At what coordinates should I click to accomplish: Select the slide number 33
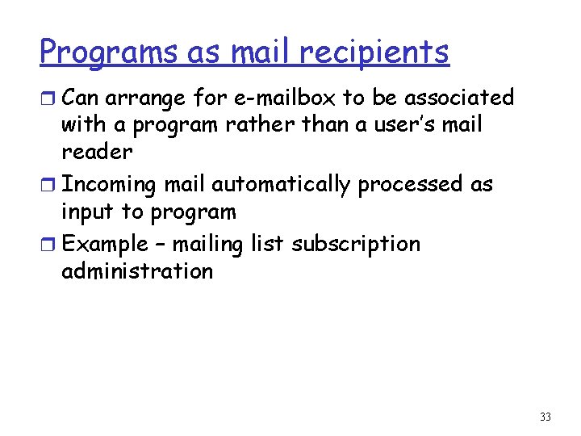pyautogui.click(x=545, y=417)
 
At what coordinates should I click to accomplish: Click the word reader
pyautogui.click(x=97, y=153)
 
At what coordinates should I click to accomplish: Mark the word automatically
pyautogui.click(x=281, y=185)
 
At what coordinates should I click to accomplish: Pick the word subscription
pyautogui.click(x=355, y=245)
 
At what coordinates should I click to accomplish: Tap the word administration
pyautogui.click(x=137, y=272)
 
